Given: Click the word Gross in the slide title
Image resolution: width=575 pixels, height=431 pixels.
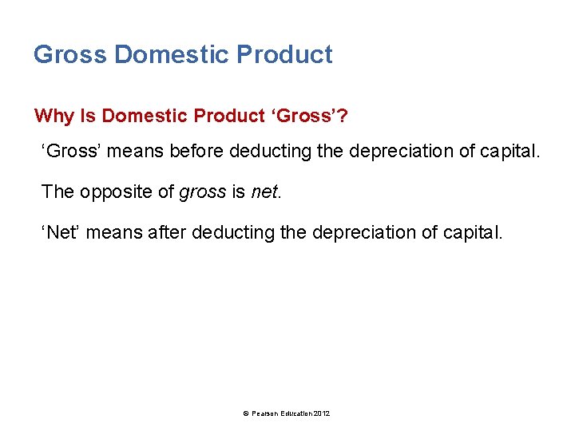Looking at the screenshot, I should tap(70, 54).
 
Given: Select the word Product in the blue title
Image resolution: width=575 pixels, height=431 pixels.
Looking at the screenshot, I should tap(284, 54).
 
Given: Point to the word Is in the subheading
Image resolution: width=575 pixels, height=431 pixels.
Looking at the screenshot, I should tap(88, 116).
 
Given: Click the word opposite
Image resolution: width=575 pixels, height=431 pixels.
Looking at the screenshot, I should tap(118, 192).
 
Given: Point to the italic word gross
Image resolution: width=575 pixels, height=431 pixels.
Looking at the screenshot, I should tap(199, 192).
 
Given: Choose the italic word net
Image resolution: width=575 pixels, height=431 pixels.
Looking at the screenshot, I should tap(266, 192).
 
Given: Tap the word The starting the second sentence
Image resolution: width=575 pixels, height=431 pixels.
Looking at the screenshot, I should tap(57, 192).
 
